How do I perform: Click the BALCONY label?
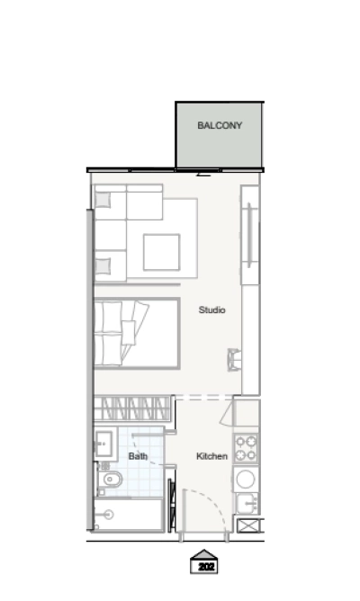(x=220, y=126)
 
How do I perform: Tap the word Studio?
(x=211, y=309)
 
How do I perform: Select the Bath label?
(x=138, y=456)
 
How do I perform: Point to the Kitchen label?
(x=211, y=456)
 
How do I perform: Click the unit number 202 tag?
(x=206, y=567)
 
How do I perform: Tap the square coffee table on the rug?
(x=161, y=253)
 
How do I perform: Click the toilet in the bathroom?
(x=111, y=480)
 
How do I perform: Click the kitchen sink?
(x=247, y=502)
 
